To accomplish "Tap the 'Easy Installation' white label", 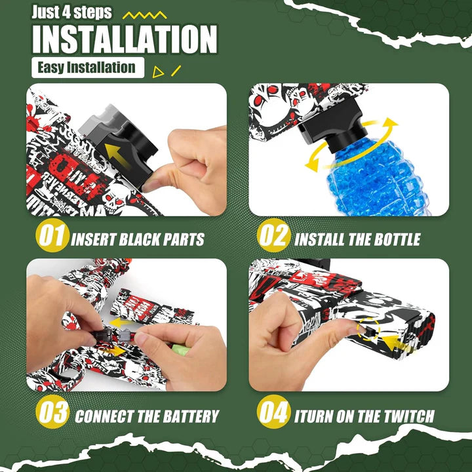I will tap(87, 68).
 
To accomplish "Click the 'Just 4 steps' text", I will tap(73, 12).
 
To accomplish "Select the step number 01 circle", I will tap(52, 236).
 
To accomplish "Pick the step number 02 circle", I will tap(273, 236).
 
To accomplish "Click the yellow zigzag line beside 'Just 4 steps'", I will tap(145, 13).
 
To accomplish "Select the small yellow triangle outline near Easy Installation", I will tap(158, 72).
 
